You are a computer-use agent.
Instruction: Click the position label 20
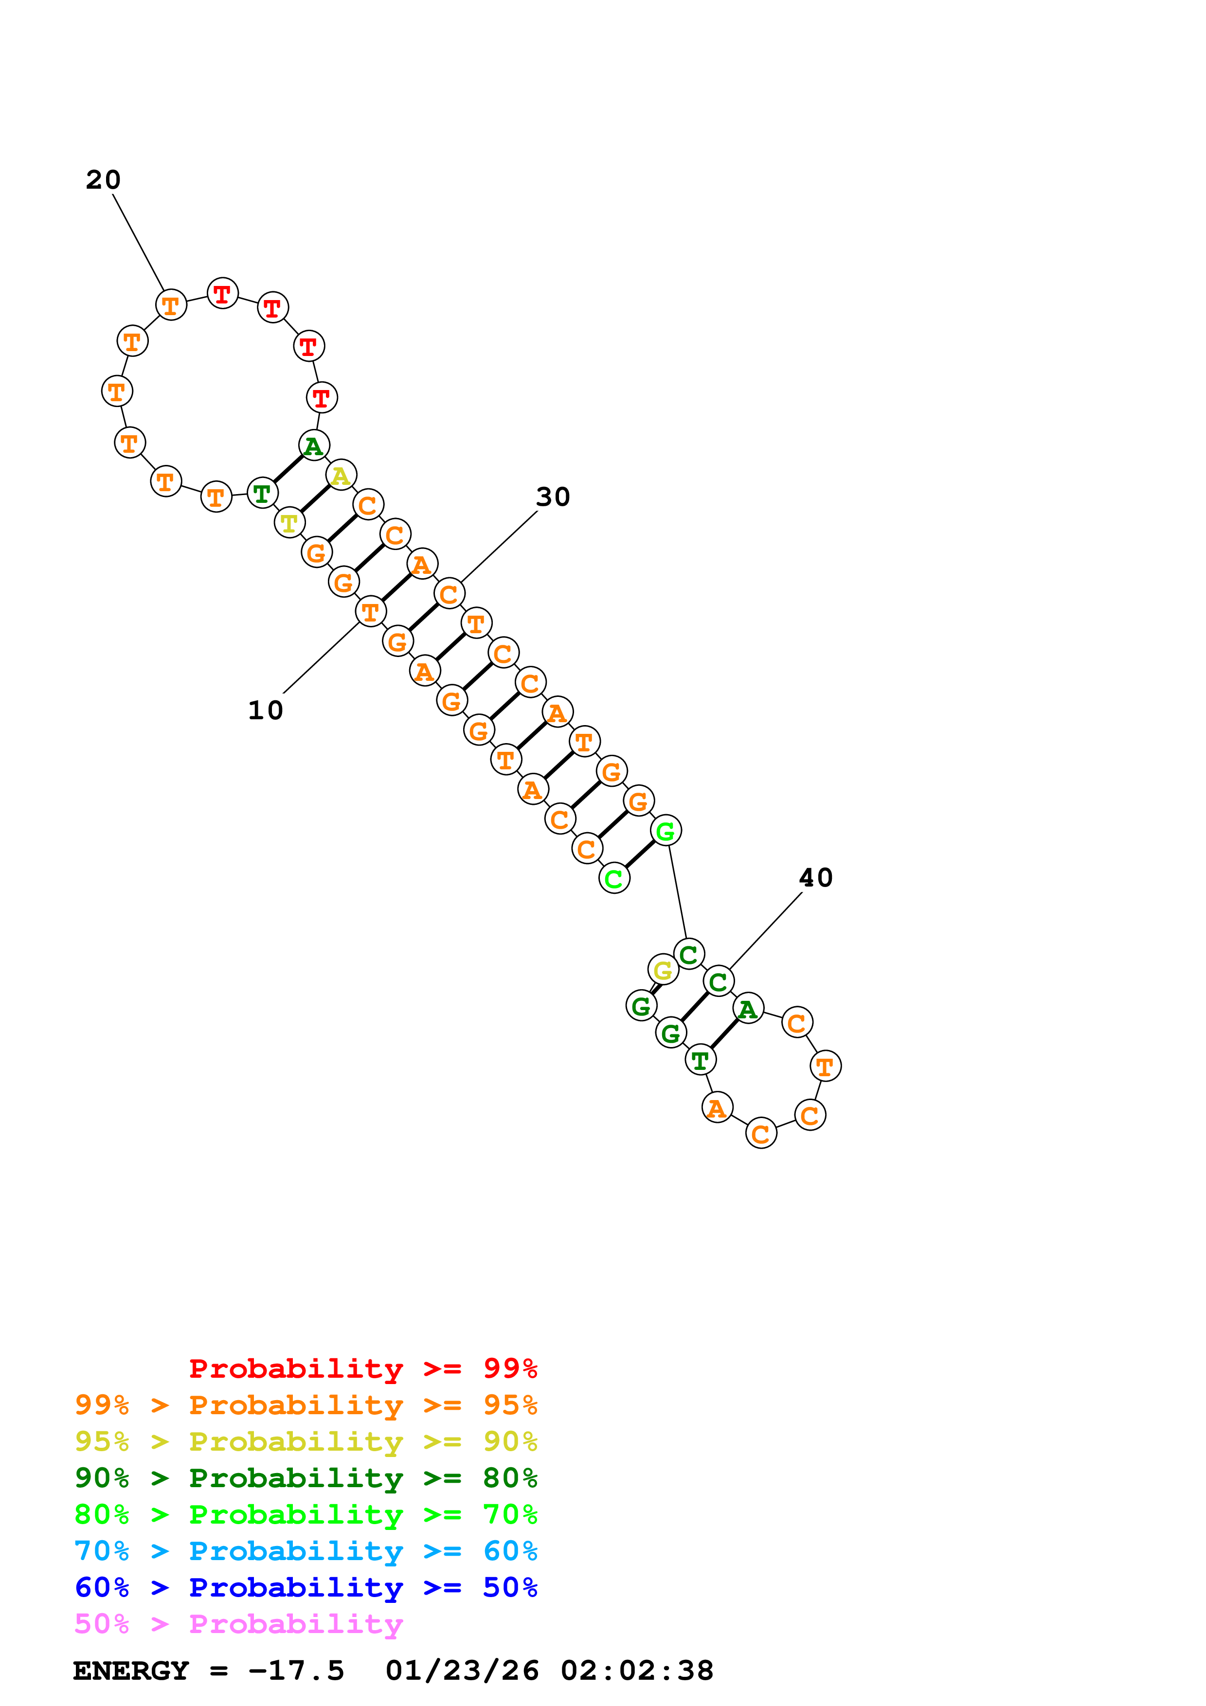(x=103, y=180)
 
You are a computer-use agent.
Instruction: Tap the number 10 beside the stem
(x=265, y=711)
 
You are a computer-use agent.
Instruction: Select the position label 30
(x=553, y=497)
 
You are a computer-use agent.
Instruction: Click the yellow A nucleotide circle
(x=341, y=475)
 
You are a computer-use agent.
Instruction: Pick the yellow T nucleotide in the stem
(x=289, y=523)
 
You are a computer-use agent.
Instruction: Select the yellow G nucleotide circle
(x=662, y=970)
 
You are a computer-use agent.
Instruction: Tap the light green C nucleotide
(x=614, y=878)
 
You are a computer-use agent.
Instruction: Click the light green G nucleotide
(x=666, y=831)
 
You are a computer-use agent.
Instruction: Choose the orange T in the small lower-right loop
(x=825, y=1066)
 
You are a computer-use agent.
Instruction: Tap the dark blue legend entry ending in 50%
(x=306, y=1587)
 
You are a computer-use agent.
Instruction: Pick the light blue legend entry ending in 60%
(x=306, y=1551)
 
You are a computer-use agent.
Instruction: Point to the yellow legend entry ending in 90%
(x=306, y=1441)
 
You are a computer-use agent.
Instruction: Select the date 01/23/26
(x=462, y=1670)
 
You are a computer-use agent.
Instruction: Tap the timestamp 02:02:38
(x=637, y=1670)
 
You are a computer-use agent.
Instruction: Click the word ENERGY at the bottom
(x=131, y=1670)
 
